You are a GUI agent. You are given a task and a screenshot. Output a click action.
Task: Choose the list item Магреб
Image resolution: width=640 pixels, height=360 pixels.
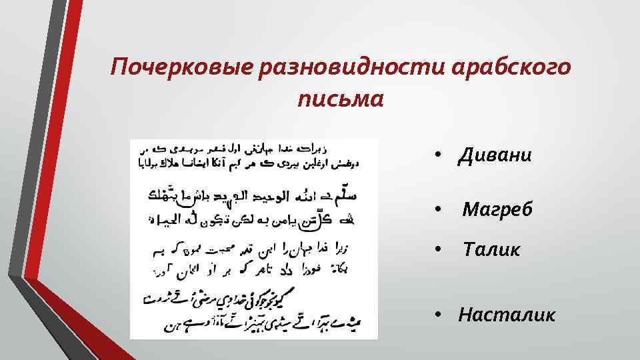coord(497,210)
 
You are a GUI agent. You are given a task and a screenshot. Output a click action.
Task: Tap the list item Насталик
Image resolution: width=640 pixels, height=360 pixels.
coord(506,314)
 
